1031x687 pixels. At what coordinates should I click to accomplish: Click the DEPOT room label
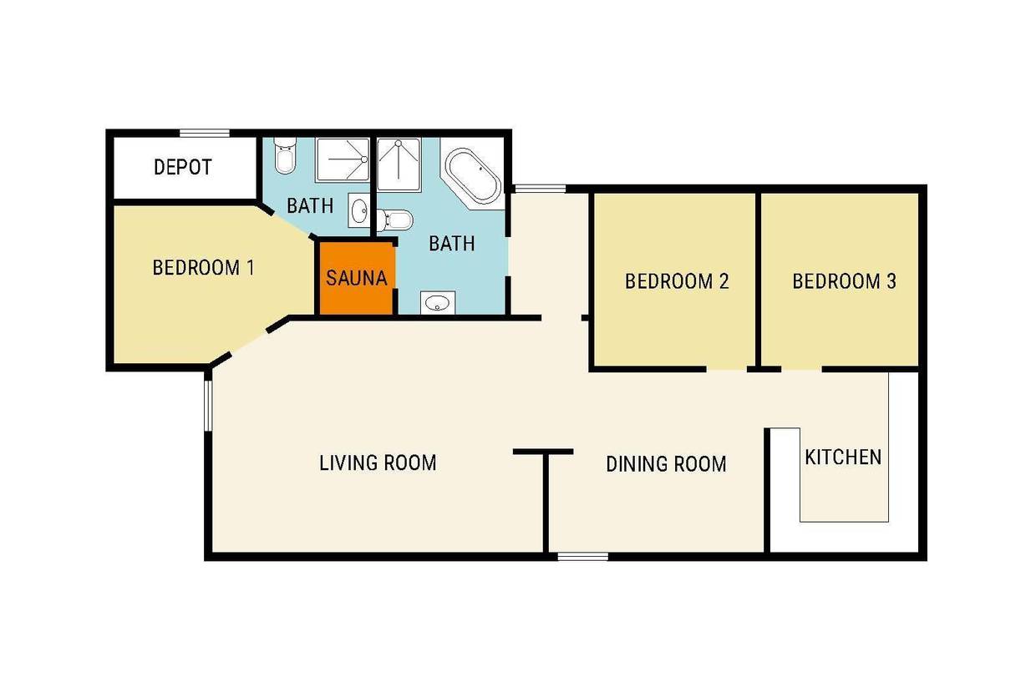point(183,167)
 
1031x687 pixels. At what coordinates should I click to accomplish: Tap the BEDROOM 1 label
point(203,268)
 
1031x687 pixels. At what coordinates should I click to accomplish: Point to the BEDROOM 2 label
point(677,281)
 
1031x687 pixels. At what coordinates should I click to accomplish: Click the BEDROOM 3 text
point(844,281)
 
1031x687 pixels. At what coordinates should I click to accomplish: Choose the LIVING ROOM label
point(378,463)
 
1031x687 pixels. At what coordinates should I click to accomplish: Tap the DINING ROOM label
point(666,464)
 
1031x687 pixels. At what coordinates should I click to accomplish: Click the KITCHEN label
point(843,457)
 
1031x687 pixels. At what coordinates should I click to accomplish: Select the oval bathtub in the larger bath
point(474,175)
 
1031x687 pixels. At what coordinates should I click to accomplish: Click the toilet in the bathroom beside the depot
point(285,155)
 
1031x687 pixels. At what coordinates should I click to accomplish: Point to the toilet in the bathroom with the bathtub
point(395,220)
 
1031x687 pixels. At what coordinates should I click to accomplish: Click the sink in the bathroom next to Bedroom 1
point(359,210)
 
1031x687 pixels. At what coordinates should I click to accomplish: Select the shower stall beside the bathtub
point(399,164)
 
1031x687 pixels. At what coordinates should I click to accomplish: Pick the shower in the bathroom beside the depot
point(343,159)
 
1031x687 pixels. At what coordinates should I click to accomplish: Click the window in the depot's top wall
point(205,133)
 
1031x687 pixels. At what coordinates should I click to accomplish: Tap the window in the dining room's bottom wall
point(582,557)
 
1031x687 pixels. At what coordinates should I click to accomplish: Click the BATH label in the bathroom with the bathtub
point(451,244)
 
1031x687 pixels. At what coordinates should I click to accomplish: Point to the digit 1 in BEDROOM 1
point(251,268)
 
